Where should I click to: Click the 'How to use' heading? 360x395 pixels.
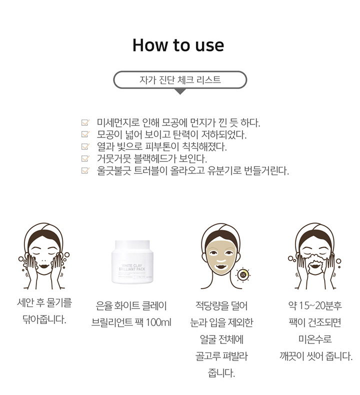(178, 45)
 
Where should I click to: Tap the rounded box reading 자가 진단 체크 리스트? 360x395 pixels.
(180, 80)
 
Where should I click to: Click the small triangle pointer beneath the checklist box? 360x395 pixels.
(180, 91)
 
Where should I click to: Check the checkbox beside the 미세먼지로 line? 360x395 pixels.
(85, 122)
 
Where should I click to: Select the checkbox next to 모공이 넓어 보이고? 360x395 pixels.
(85, 134)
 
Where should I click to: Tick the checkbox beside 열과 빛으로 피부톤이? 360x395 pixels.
(85, 146)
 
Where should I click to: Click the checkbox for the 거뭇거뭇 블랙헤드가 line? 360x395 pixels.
(85, 158)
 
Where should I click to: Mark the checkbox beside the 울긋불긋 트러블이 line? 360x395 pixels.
(85, 170)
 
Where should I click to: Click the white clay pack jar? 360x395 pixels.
(132, 262)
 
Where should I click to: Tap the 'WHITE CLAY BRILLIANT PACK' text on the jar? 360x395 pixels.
(132, 267)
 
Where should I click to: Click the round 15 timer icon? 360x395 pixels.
(243, 274)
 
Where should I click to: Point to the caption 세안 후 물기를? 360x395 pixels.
(44, 302)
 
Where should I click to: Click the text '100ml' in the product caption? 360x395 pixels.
(158, 322)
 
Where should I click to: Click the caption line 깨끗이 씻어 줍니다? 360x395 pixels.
(316, 356)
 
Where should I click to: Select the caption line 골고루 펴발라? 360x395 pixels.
(221, 356)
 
